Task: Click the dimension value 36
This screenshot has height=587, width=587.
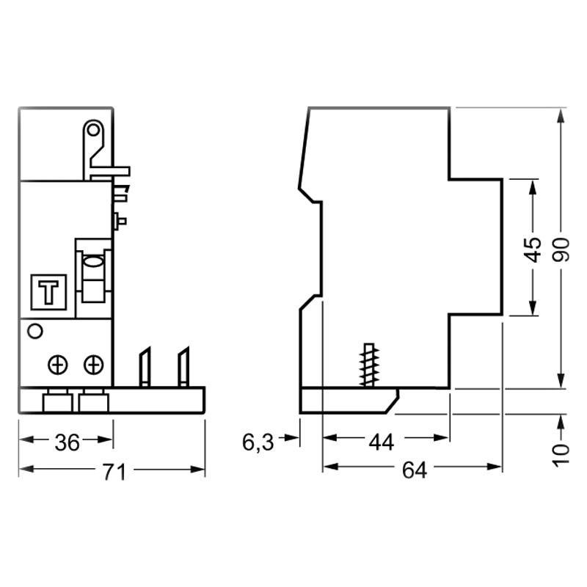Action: tap(68, 442)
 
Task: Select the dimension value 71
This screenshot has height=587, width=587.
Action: tap(114, 472)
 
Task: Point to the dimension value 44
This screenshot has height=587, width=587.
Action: tap(380, 442)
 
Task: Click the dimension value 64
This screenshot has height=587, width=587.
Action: tap(413, 472)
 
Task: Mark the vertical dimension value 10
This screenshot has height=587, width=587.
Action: tap(561, 453)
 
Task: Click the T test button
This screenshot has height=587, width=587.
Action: tap(50, 291)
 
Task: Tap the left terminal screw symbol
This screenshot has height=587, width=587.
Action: tap(59, 364)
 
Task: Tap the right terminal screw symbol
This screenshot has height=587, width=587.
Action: tap(92, 364)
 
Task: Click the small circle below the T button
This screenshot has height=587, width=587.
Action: tap(34, 332)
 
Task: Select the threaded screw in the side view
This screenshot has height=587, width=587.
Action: tap(366, 365)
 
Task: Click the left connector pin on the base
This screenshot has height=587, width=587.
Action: tap(145, 367)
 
